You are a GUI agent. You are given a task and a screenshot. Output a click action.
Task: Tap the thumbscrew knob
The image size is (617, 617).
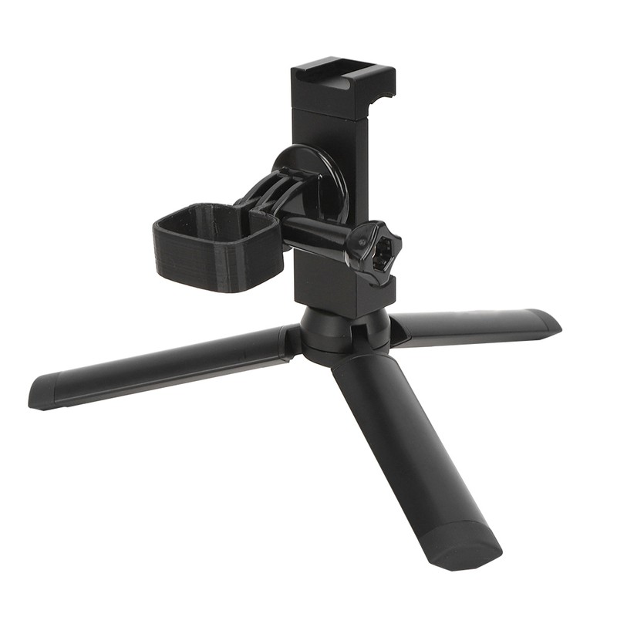pyautogui.click(x=370, y=251)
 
